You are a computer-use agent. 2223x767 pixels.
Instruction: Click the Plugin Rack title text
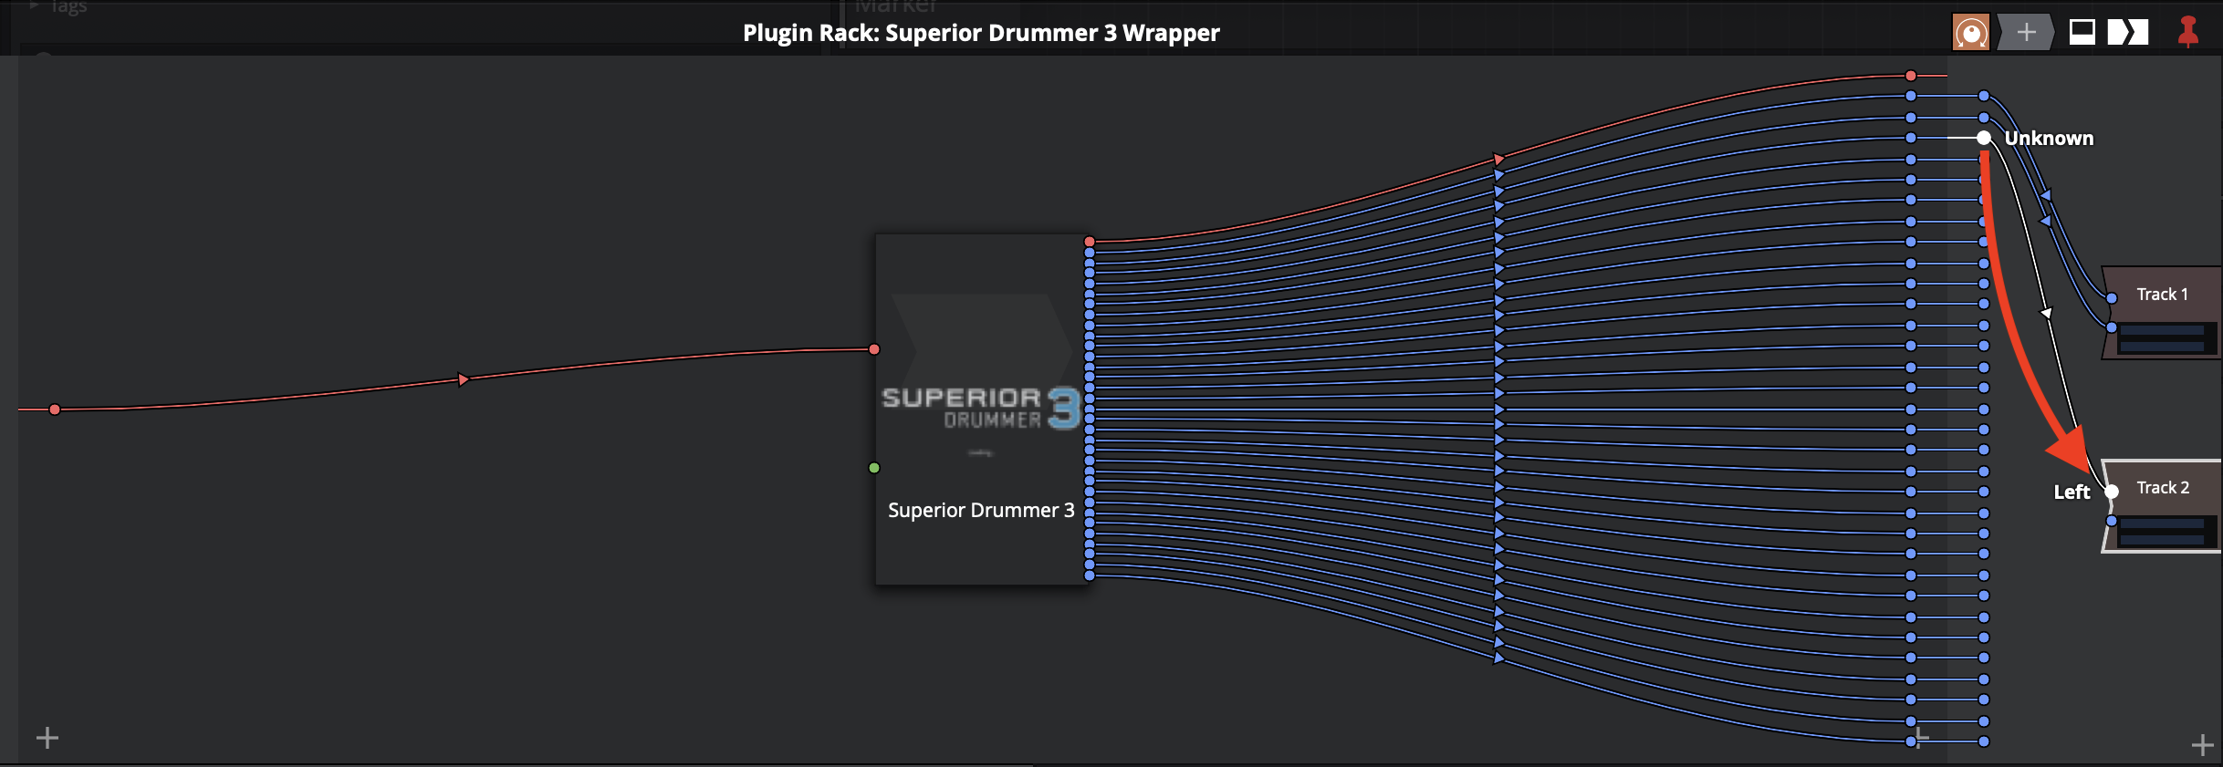click(x=981, y=33)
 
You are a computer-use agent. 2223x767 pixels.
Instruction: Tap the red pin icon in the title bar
click(x=2188, y=32)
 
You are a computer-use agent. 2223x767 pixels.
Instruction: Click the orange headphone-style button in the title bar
click(x=1970, y=33)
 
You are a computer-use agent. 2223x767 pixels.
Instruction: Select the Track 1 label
click(x=2162, y=294)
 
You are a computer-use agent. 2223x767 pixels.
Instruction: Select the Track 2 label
click(x=2163, y=488)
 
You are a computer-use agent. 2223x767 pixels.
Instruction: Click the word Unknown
click(x=2049, y=139)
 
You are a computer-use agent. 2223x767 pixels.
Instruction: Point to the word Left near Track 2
click(x=2072, y=492)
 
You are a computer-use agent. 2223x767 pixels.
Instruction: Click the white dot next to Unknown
click(x=1984, y=138)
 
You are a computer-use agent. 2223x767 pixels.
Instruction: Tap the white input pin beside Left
click(x=2112, y=492)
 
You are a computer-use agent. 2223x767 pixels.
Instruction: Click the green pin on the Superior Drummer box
click(x=874, y=468)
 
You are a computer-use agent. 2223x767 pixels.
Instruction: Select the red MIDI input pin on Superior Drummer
click(x=874, y=349)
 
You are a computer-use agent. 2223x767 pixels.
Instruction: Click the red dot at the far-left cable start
click(x=55, y=409)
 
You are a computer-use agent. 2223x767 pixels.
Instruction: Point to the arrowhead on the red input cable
click(x=464, y=379)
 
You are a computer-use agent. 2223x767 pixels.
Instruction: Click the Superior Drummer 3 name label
click(x=981, y=511)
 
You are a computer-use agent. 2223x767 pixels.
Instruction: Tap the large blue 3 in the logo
click(x=1064, y=409)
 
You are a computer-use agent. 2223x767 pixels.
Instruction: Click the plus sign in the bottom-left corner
click(x=47, y=737)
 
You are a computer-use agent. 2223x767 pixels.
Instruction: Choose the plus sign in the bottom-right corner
click(x=2203, y=745)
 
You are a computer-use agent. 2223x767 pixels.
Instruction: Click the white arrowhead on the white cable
click(x=2047, y=314)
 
